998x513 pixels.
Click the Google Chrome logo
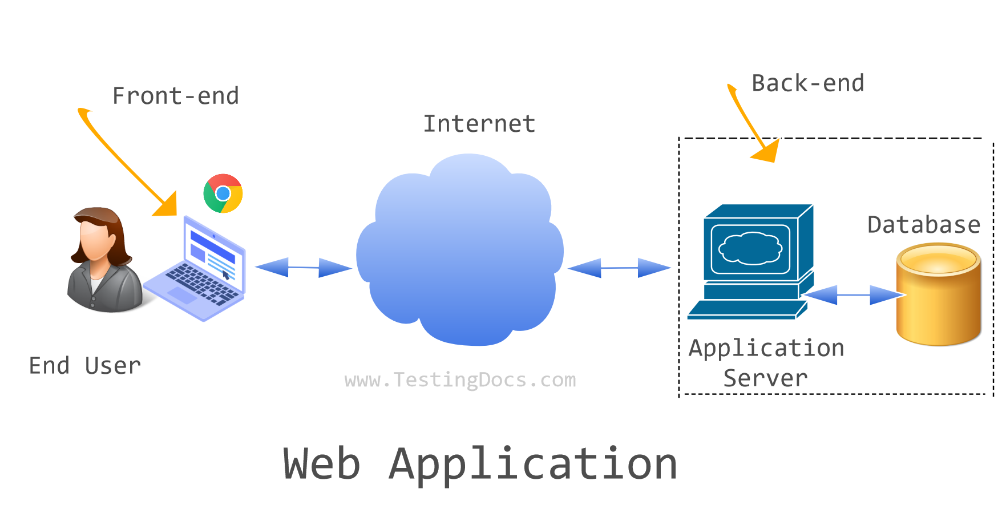pos(223,193)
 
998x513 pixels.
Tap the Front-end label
pos(175,96)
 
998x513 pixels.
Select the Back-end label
pos(807,83)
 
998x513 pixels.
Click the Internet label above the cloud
pos(479,124)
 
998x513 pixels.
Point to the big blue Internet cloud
pos(459,251)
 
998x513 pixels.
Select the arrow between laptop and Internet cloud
pos(303,267)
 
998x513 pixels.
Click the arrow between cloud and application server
pos(619,268)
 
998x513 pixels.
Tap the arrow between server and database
pos(853,295)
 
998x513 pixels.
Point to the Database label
pos(923,225)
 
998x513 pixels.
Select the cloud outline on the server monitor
pos(750,248)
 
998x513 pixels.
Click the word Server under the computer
pos(765,378)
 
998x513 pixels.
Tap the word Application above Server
pos(766,348)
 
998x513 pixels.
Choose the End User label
pos(84,366)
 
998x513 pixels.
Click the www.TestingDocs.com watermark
pos(460,380)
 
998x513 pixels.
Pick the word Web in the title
pos(322,463)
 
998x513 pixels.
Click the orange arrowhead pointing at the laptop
pos(167,205)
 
